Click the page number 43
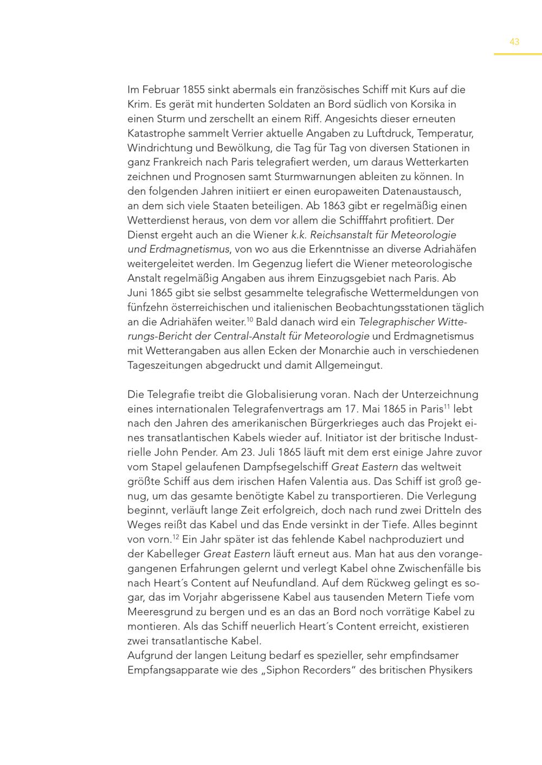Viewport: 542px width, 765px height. coord(514,42)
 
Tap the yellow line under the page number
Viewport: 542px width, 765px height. coord(517,54)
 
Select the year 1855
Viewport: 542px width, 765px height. coord(194,89)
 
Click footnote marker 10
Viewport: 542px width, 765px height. coord(250,319)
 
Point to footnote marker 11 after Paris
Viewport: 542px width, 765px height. coord(447,406)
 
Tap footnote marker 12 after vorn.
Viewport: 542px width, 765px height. coord(176,537)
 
